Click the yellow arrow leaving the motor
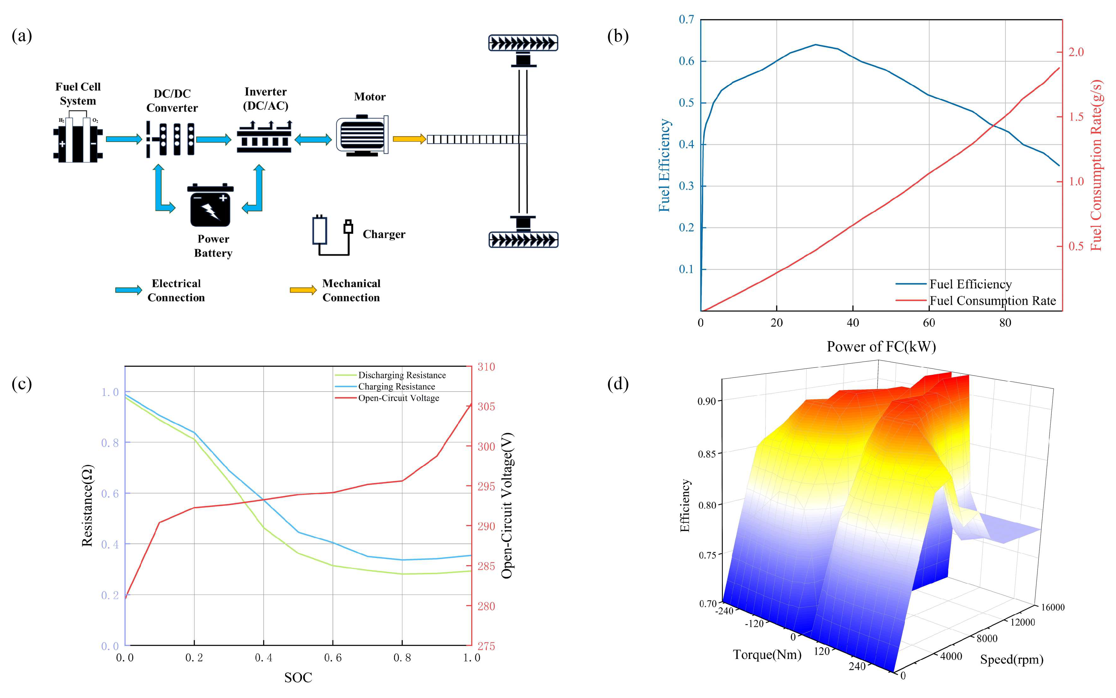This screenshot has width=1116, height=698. pyautogui.click(x=409, y=139)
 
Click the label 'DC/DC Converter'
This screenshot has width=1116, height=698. pyautogui.click(x=172, y=100)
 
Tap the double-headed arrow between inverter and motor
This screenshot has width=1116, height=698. pyautogui.click(x=313, y=139)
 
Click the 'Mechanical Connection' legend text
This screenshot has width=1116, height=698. pyautogui.click(x=351, y=291)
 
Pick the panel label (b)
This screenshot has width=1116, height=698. pyautogui.click(x=618, y=36)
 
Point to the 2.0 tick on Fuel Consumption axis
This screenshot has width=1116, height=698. pyautogui.click(x=1076, y=52)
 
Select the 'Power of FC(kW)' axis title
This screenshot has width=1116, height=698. pyautogui.click(x=881, y=346)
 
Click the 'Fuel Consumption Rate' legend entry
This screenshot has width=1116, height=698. pyautogui.click(x=993, y=301)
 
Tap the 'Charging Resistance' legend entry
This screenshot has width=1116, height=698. pyautogui.click(x=396, y=386)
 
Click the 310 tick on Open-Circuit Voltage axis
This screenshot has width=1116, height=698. pyautogui.click(x=486, y=367)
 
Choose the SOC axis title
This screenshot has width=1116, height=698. pyautogui.click(x=298, y=678)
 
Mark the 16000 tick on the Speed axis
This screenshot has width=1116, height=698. pyautogui.click(x=1053, y=608)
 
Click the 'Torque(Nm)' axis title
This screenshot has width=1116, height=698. pyautogui.click(x=767, y=655)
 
